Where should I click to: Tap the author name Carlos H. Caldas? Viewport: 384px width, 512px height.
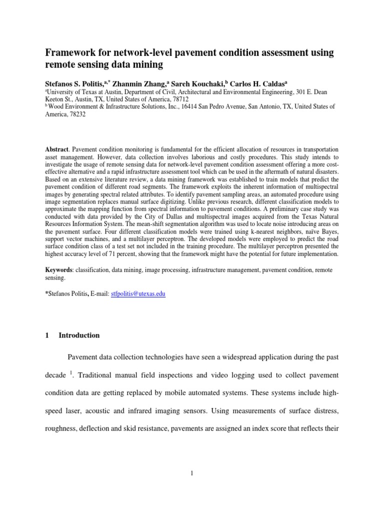tap(271, 83)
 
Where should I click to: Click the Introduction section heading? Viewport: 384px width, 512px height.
tap(79, 335)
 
